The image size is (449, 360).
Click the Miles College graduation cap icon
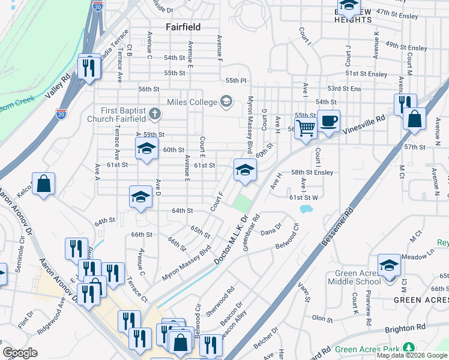[x=226, y=101]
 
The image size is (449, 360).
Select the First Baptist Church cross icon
[x=154, y=113]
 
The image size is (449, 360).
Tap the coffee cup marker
[x=328, y=121]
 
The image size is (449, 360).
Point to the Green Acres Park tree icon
[x=409, y=348]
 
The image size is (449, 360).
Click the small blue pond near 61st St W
[x=306, y=209]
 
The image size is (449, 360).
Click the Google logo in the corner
[x=20, y=353]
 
